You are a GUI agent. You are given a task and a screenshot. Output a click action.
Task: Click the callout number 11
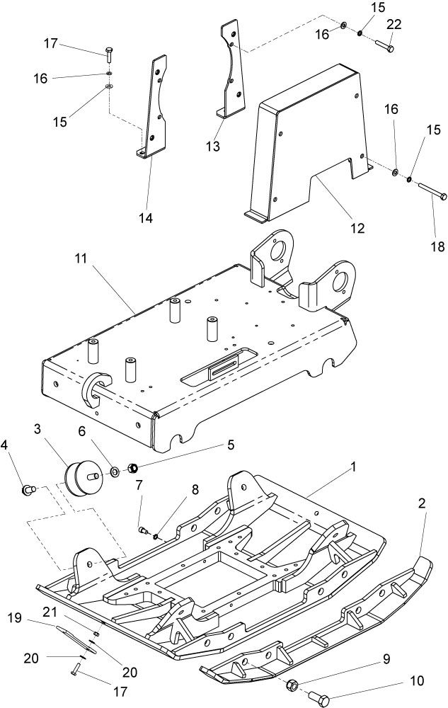81,258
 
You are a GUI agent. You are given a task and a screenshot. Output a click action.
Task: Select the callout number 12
357,229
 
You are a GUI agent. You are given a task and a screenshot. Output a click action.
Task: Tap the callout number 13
213,146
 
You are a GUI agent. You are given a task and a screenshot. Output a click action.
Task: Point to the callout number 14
145,218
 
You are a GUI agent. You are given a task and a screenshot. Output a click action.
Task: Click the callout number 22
394,25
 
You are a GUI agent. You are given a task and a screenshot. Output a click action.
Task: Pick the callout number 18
437,246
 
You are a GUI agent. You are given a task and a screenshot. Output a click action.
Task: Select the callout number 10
418,680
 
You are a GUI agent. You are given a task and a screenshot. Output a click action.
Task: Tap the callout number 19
15,617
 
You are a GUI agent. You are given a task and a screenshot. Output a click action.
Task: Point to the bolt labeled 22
384,46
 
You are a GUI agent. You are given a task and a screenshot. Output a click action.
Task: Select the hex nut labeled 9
292,685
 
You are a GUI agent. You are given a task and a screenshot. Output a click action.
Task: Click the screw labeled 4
29,489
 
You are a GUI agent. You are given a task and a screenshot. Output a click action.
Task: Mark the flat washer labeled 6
115,472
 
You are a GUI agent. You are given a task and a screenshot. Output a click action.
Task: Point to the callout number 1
354,467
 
